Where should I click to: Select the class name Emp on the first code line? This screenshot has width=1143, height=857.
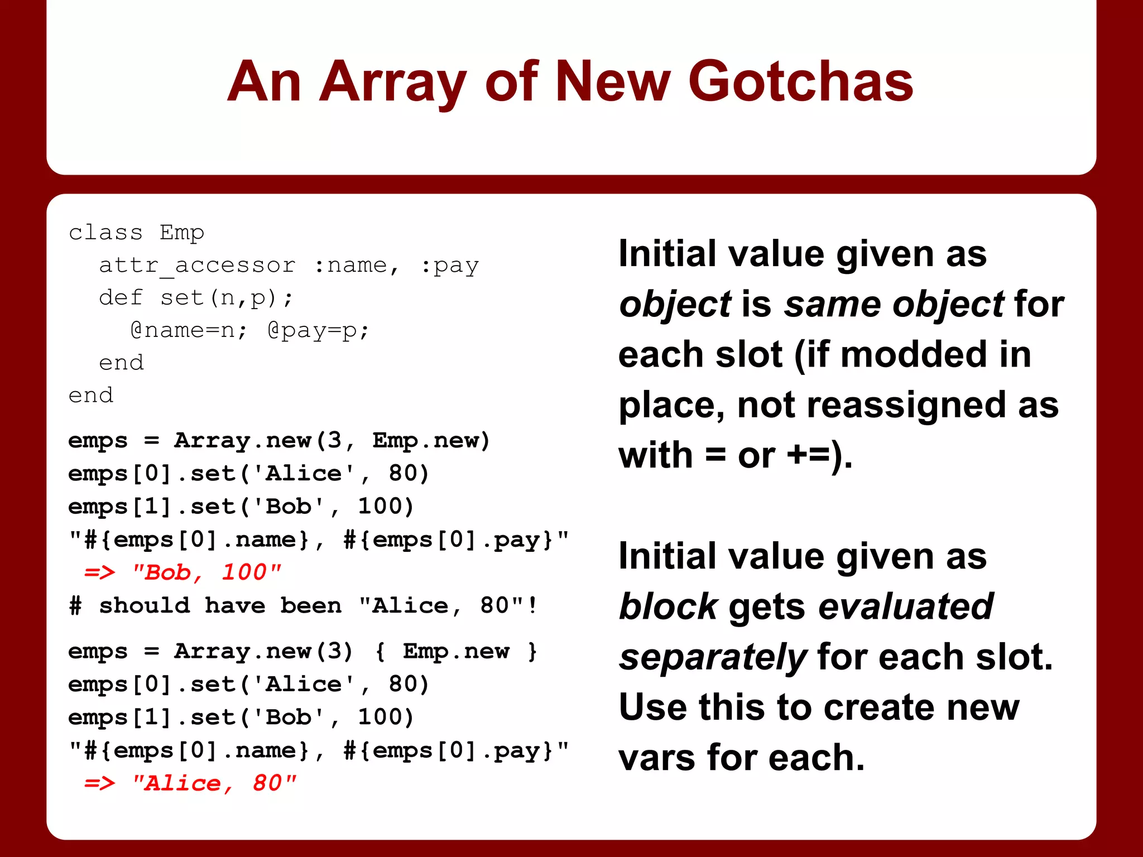(182, 233)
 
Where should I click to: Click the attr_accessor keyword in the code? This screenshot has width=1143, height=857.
(197, 266)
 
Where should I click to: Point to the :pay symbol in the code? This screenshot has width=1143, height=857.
(450, 266)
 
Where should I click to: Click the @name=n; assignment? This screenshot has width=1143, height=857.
(188, 330)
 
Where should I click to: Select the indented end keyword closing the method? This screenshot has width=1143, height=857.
(121, 363)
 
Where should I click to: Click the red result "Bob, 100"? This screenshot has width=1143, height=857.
(206, 572)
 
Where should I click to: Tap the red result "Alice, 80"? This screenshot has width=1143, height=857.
(214, 783)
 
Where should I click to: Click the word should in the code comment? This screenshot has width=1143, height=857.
(144, 606)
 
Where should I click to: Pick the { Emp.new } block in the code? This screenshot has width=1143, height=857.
(456, 651)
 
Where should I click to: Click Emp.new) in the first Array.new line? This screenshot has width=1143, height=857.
(431, 441)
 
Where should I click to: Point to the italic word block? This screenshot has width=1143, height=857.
(668, 606)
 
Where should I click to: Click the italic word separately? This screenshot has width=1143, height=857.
(713, 657)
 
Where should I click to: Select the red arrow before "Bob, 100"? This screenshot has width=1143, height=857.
(100, 572)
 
